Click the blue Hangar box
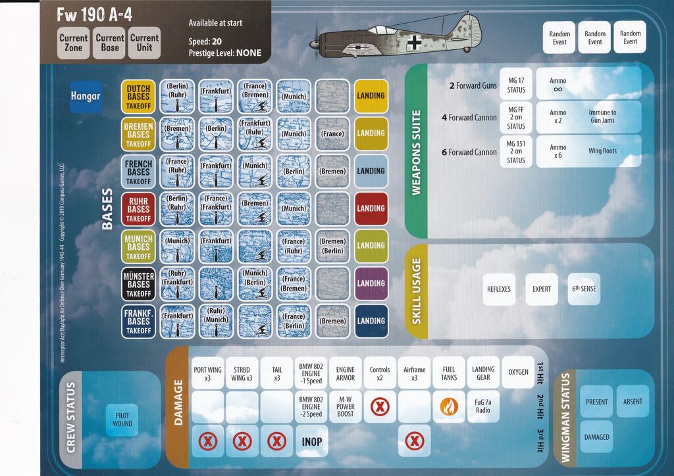pyautogui.click(x=86, y=96)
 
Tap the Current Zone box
pyautogui.click(x=74, y=43)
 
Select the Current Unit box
pyautogui.click(x=144, y=43)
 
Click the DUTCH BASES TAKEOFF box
pyautogui.click(x=138, y=96)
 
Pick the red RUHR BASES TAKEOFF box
pyautogui.click(x=138, y=208)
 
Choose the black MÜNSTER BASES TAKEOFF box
pyautogui.click(x=138, y=283)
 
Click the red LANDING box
pyautogui.click(x=371, y=208)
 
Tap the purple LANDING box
pyautogui.click(x=371, y=283)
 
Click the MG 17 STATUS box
pyautogui.click(x=516, y=83)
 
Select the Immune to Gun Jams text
pyautogui.click(x=602, y=117)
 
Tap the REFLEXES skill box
pyautogui.click(x=499, y=289)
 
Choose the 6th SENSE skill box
pyautogui.click(x=584, y=289)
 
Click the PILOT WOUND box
pyautogui.click(x=122, y=419)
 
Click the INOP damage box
pyautogui.click(x=312, y=441)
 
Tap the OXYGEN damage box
pyautogui.click(x=518, y=372)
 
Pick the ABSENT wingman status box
pyautogui.click(x=633, y=402)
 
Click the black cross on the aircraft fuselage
pyautogui.click(x=414, y=43)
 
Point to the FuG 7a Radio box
pyautogui.click(x=483, y=407)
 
